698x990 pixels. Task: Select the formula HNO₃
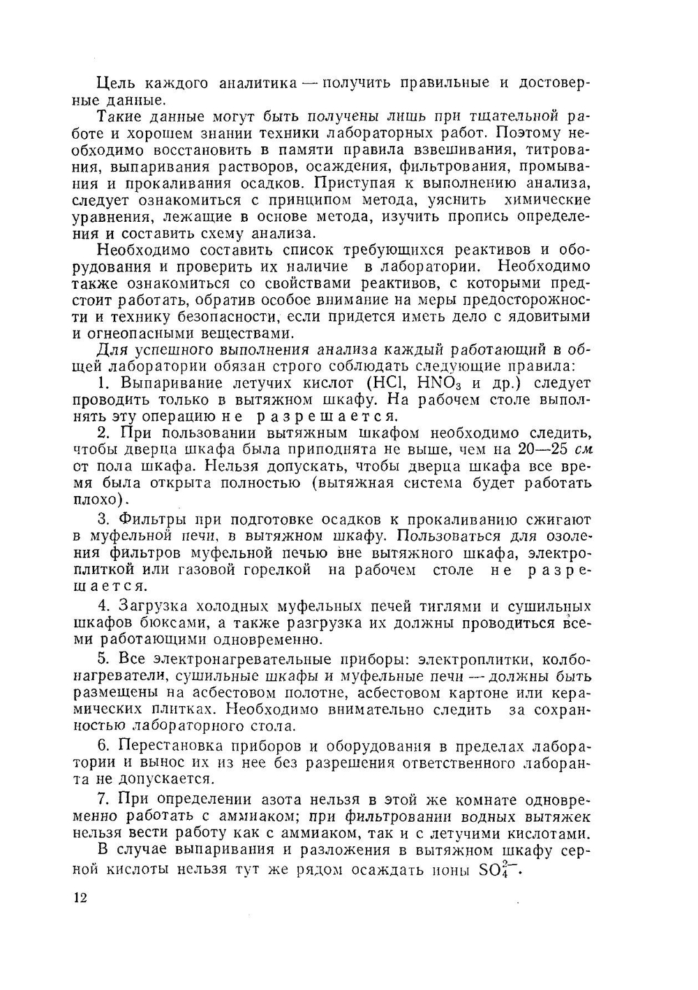click(440, 383)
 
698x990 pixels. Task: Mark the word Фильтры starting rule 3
click(153, 519)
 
